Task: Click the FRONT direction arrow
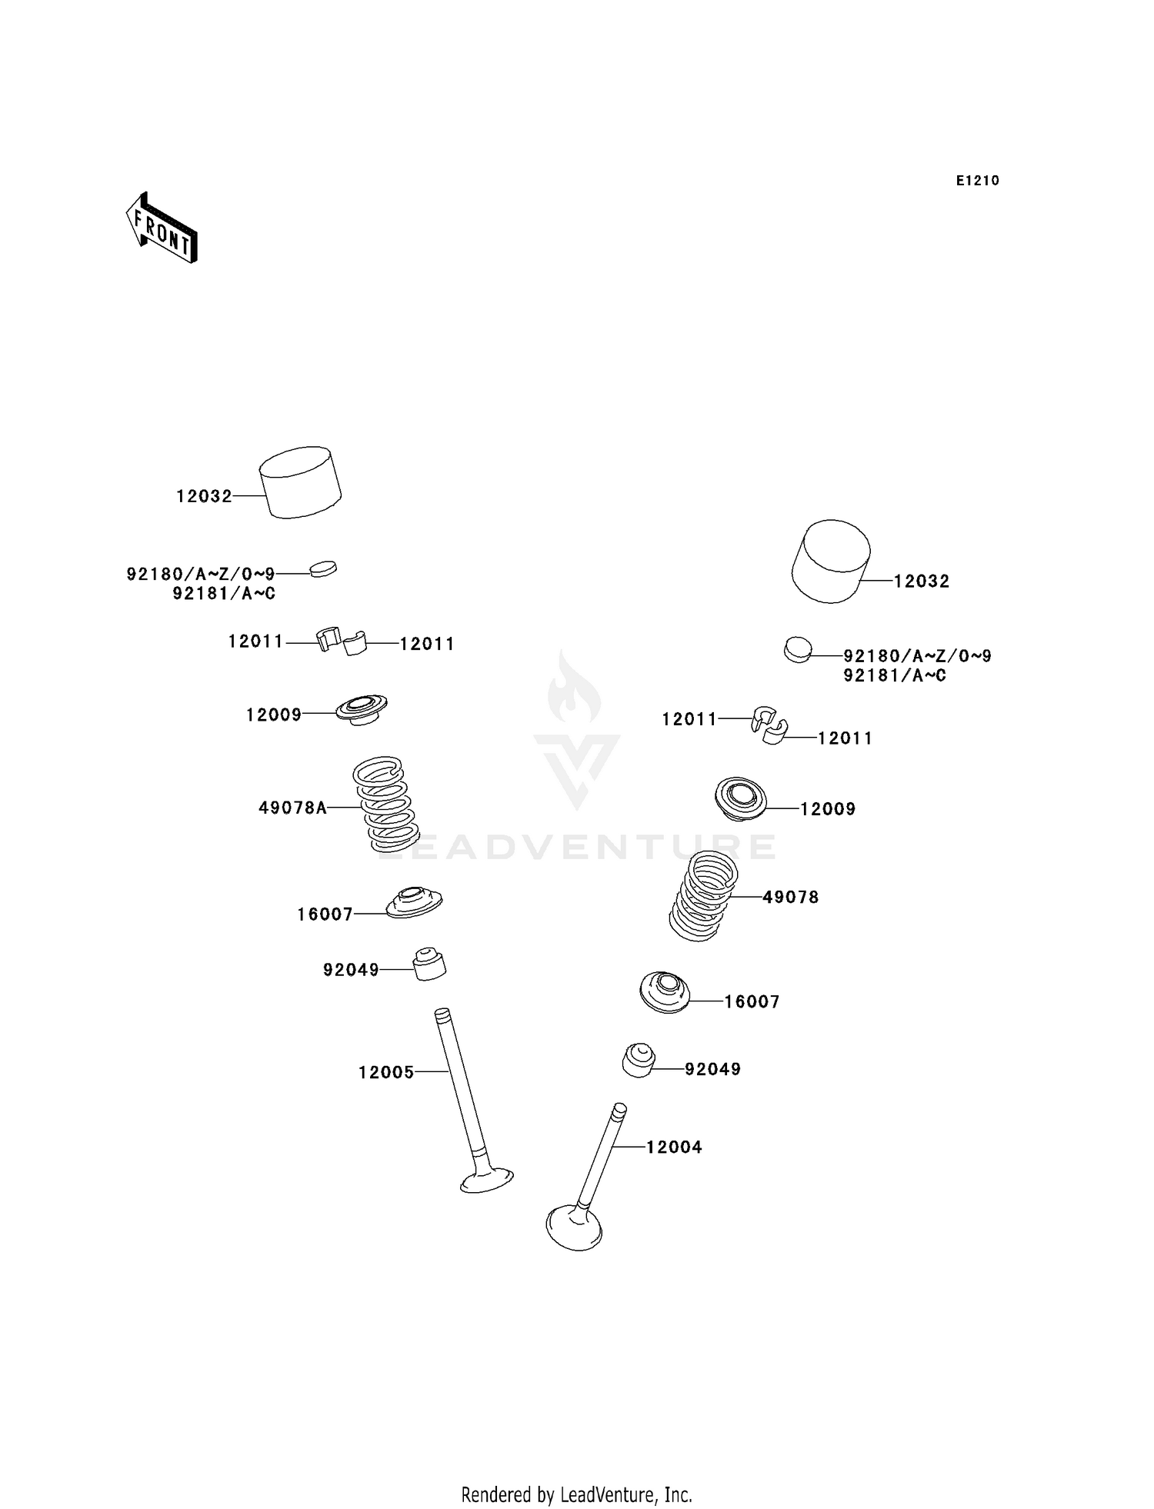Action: [x=162, y=228]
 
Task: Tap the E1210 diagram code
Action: [x=977, y=181]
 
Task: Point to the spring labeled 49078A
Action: [x=386, y=803]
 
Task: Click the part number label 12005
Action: [x=386, y=1072]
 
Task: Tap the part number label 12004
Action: [x=674, y=1148]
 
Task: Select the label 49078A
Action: [x=292, y=808]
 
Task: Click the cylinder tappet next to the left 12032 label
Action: [x=300, y=482]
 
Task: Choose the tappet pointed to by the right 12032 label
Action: [x=831, y=561]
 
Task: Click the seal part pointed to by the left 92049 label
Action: [x=430, y=964]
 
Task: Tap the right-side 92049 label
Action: [x=712, y=1069]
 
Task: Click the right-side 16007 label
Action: [x=752, y=1001]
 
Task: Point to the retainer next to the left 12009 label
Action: [x=362, y=708]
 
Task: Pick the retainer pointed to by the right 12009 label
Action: [x=741, y=798]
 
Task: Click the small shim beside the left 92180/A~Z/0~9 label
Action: [x=323, y=570]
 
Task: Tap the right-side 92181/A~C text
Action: [x=895, y=675]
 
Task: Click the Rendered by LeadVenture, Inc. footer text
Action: [x=576, y=1494]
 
